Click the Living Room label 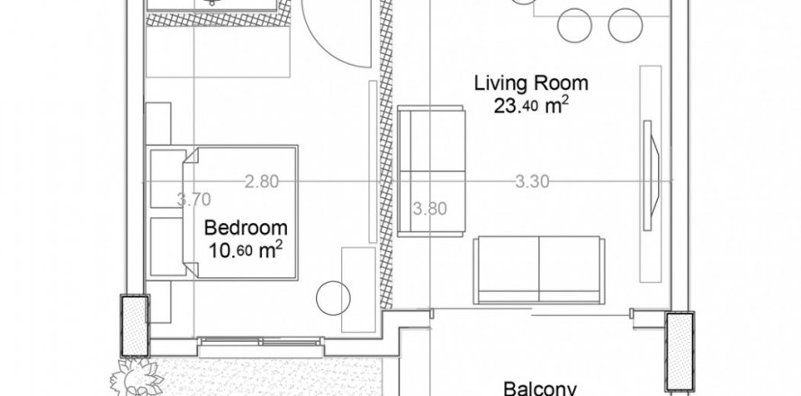[531, 83]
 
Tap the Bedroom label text [246, 228]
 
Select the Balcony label [541, 389]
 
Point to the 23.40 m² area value [531, 105]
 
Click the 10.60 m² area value [246, 250]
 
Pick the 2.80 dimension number [262, 182]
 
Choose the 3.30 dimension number [532, 182]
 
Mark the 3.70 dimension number [193, 200]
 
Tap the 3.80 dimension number [429, 209]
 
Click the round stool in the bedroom [333, 298]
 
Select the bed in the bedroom [240, 212]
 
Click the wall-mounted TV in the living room [651, 175]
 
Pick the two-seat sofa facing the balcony [539, 270]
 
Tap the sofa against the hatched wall [431, 171]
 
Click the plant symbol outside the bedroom [137, 378]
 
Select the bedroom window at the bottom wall [260, 346]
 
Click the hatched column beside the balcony [679, 352]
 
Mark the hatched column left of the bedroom [135, 325]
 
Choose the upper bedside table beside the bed [168, 179]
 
